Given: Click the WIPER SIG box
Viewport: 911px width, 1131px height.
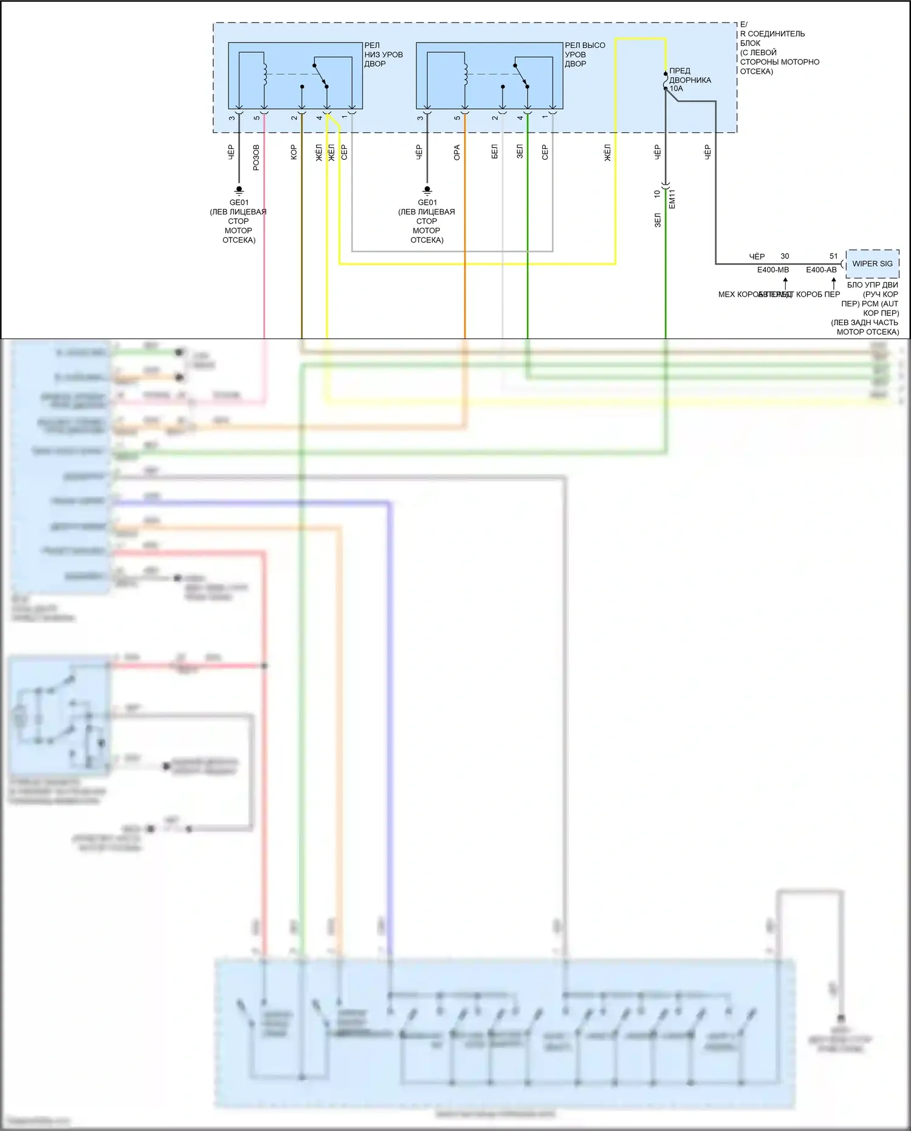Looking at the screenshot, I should [x=872, y=264].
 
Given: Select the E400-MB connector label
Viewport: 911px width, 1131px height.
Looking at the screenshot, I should [x=772, y=270].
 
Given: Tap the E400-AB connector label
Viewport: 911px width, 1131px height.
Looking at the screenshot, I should [x=821, y=270].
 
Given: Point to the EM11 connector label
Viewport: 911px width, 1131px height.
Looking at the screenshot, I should [x=672, y=199].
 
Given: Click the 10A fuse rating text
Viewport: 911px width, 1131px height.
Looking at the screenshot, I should [x=676, y=89].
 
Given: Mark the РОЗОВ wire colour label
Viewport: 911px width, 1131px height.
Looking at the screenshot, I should [x=256, y=157].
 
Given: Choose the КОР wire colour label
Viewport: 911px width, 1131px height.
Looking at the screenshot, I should [x=294, y=152].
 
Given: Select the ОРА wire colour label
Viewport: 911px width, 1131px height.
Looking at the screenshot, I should [x=457, y=153].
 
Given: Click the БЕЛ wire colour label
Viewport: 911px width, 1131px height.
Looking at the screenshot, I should [x=495, y=151].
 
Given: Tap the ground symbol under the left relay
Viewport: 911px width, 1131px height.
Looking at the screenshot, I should [x=239, y=190].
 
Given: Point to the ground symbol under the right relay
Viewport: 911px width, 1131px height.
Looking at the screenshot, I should [x=427, y=190].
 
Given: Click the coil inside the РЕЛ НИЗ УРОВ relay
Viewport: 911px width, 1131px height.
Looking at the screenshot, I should [x=265, y=74].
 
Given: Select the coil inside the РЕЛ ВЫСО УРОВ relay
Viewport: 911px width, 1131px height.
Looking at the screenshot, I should [x=466, y=74].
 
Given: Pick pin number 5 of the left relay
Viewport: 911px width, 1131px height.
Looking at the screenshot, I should [x=256, y=118].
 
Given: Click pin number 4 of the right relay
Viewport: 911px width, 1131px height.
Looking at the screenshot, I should [x=520, y=118].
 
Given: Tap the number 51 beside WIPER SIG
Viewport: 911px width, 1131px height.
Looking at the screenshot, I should [x=833, y=256].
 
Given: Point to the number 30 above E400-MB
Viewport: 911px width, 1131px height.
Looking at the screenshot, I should [x=785, y=256].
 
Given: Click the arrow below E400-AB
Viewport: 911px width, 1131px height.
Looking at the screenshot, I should [x=834, y=283].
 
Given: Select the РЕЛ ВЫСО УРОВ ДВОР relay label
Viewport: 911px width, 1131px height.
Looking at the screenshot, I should [x=585, y=54].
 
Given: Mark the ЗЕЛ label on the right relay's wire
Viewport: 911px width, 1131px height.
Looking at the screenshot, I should [x=520, y=151].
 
